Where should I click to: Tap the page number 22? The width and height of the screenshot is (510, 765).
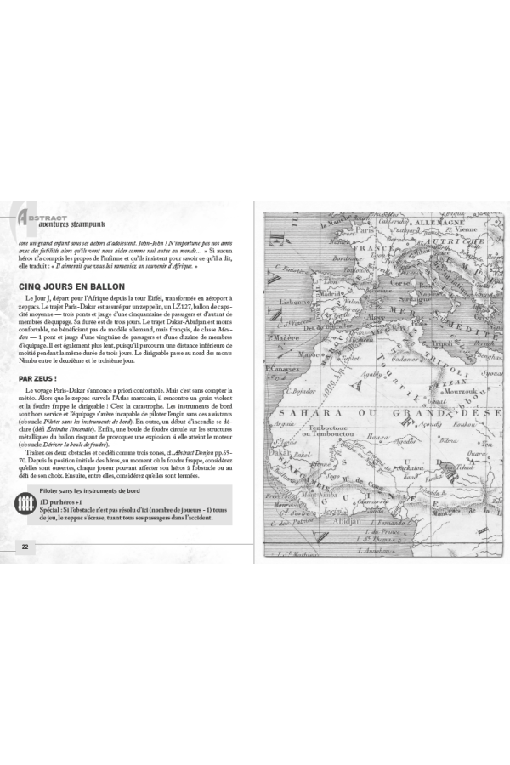click(25, 545)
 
